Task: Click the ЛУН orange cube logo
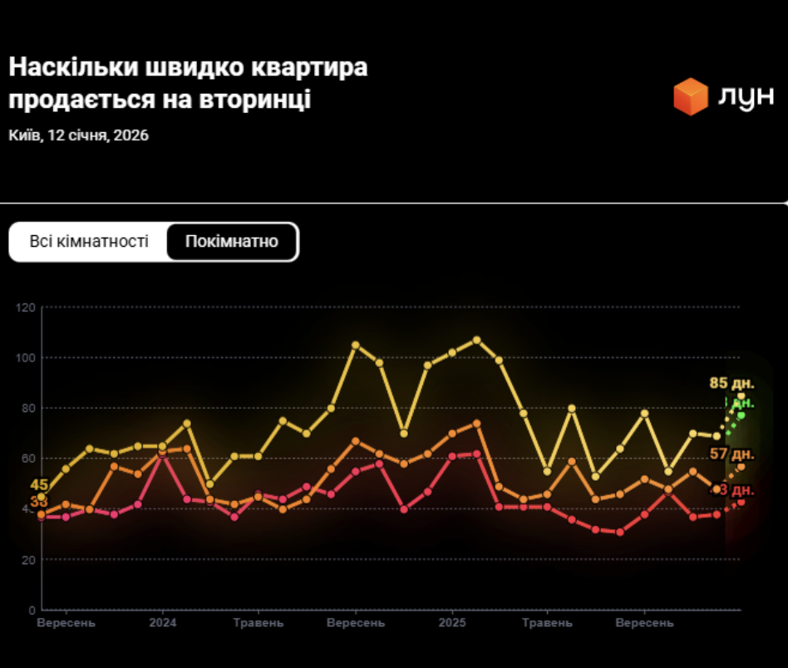pos(690,96)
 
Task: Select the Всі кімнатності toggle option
pos(89,242)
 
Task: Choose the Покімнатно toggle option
pos(232,242)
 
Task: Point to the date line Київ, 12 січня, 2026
pos(79,135)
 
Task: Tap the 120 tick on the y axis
pos(27,308)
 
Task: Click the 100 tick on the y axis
pos(27,358)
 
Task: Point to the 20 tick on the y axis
pos(30,560)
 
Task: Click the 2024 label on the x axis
pos(162,623)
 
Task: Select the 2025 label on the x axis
pos(452,623)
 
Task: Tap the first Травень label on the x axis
pos(259,623)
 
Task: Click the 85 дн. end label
pos(731,383)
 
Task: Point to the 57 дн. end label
pos(731,454)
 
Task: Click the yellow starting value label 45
pos(39,485)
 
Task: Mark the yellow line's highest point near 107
pos(476,340)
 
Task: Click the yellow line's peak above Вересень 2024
pos(356,345)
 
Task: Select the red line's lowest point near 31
pos(620,532)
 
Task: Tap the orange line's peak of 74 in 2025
pos(476,423)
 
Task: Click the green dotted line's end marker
pos(741,415)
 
